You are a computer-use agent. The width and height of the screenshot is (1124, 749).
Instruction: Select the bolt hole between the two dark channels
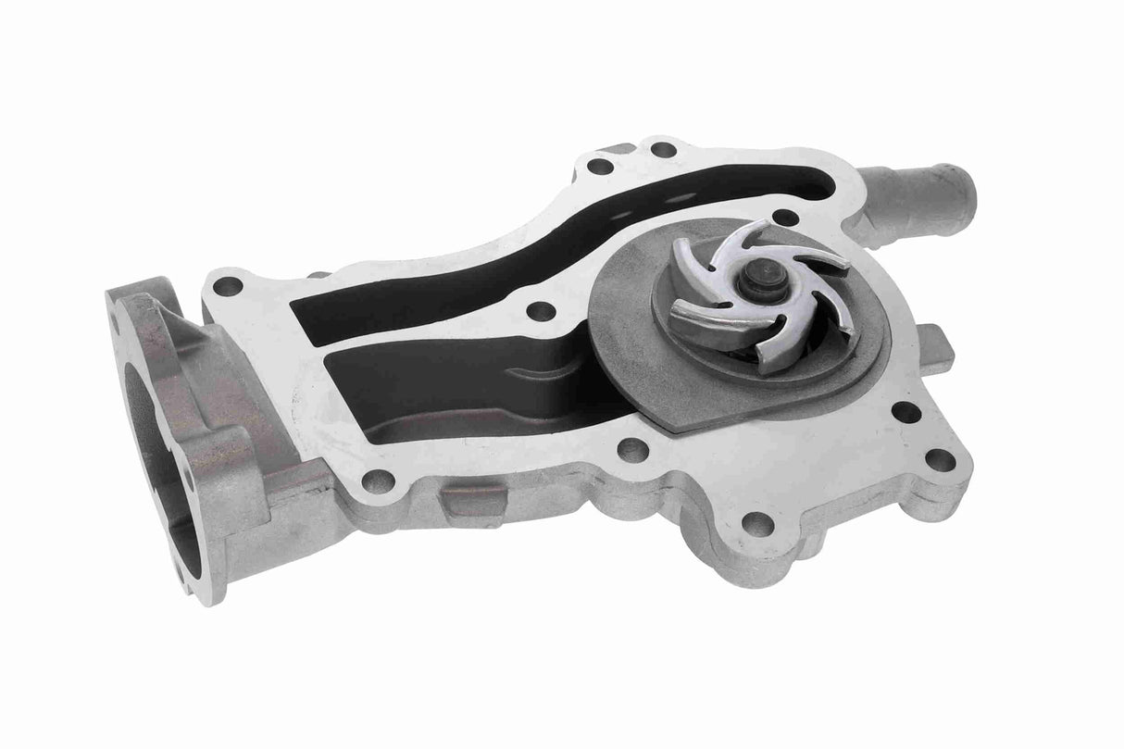coord(534,311)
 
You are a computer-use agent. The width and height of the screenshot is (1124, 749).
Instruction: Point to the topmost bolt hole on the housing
coord(663,149)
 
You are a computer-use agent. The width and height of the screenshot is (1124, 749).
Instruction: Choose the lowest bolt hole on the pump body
coord(757,523)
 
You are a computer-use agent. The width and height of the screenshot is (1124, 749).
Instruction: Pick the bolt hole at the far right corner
coord(939,458)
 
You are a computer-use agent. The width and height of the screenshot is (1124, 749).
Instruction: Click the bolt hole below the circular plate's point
coord(632,452)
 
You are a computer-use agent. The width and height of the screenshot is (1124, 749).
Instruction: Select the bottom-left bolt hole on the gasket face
coord(378,480)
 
